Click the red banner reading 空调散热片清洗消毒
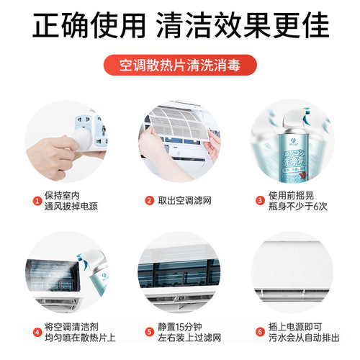180,65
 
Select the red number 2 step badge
149,200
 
